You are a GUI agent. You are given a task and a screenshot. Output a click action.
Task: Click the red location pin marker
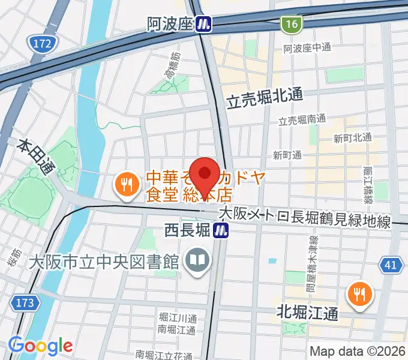204,174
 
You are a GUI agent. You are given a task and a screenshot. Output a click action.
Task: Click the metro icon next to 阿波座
205,23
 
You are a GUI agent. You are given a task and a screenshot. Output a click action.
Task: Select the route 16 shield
292,23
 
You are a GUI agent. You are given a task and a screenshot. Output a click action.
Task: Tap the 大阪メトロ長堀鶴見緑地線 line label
304,217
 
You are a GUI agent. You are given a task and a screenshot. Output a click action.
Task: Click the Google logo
40,346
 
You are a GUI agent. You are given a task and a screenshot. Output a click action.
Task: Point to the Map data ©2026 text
357,351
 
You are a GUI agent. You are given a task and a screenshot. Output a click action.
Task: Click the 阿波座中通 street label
307,47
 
